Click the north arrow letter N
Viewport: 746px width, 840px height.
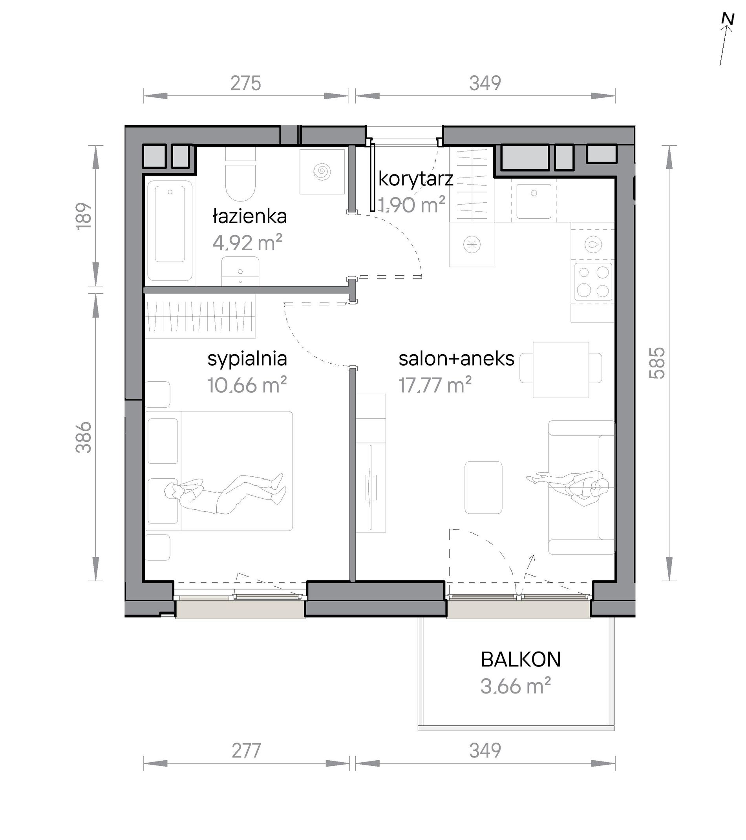(728, 31)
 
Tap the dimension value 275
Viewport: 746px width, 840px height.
(245, 83)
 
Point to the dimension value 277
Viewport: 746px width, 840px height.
(246, 751)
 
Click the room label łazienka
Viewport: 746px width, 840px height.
(249, 216)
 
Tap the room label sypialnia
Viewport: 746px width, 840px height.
(247, 359)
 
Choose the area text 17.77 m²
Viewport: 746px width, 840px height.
(435, 385)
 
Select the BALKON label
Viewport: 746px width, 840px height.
(521, 660)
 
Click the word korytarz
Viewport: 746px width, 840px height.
(416, 179)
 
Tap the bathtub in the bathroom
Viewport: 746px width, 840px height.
(170, 230)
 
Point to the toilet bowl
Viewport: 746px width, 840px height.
(241, 183)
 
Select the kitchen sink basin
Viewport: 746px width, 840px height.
(534, 201)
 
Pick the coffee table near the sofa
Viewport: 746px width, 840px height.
(483, 487)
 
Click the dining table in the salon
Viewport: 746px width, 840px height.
(561, 370)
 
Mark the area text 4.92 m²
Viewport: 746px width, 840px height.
(247, 243)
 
